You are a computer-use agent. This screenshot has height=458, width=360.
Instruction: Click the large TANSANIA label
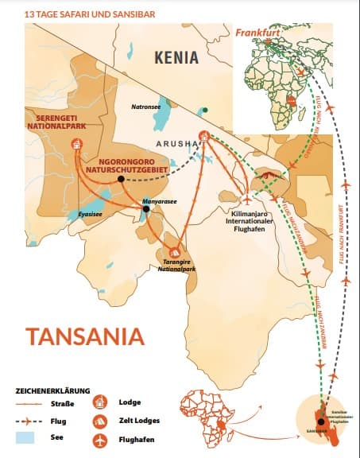84,335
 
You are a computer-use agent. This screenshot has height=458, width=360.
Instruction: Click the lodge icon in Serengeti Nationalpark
77,144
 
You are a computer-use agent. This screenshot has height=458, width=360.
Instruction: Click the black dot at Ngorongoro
120,179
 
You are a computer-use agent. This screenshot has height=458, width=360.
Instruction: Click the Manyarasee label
159,202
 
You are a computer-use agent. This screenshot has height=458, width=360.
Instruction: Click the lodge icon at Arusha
204,138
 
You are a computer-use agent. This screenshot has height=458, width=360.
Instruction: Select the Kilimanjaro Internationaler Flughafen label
254,219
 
